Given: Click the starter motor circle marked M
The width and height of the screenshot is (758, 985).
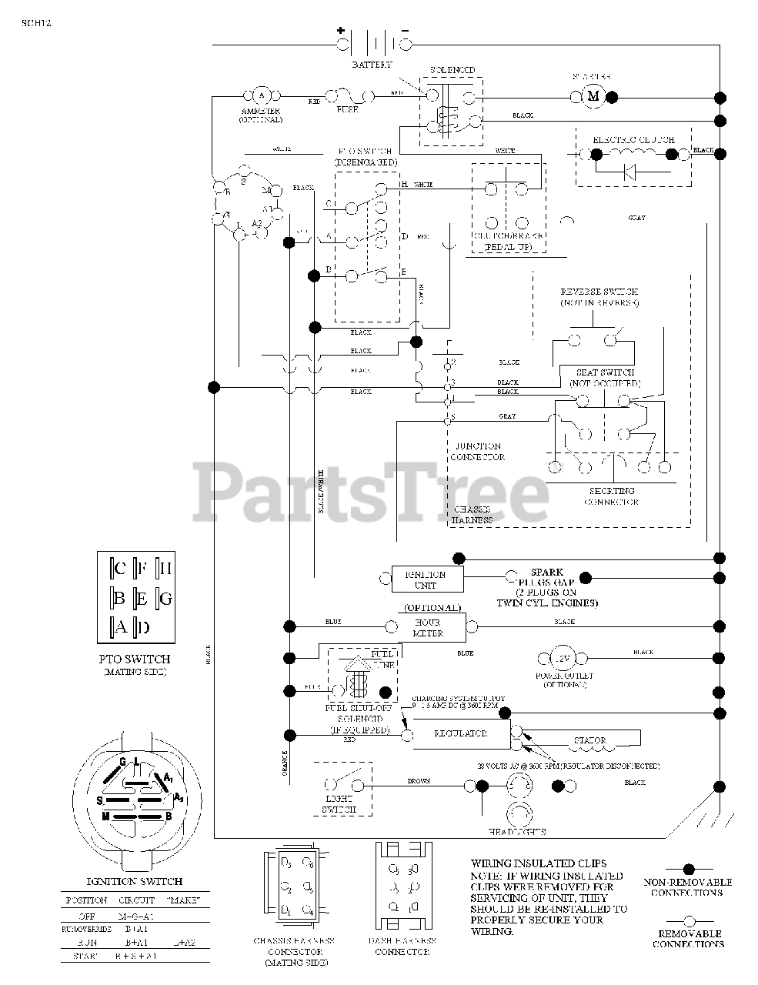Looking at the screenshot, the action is click(593, 96).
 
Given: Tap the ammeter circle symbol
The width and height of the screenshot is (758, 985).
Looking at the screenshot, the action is click(260, 96).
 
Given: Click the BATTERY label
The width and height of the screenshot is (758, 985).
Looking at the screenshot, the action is click(372, 65).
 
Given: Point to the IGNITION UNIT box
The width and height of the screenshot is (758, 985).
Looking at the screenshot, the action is click(425, 579).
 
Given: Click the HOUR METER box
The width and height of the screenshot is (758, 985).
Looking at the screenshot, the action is click(428, 628).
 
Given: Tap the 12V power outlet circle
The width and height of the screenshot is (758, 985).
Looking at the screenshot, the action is click(563, 659).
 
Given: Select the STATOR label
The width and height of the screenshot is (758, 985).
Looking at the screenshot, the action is click(589, 741).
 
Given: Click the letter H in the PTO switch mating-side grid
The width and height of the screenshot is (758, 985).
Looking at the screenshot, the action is click(165, 569).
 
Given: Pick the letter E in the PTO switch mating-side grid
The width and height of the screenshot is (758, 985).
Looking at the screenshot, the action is click(142, 598).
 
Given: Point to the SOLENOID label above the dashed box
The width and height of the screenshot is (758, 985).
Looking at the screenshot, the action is click(452, 71).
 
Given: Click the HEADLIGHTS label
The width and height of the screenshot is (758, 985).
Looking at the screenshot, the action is click(517, 832).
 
